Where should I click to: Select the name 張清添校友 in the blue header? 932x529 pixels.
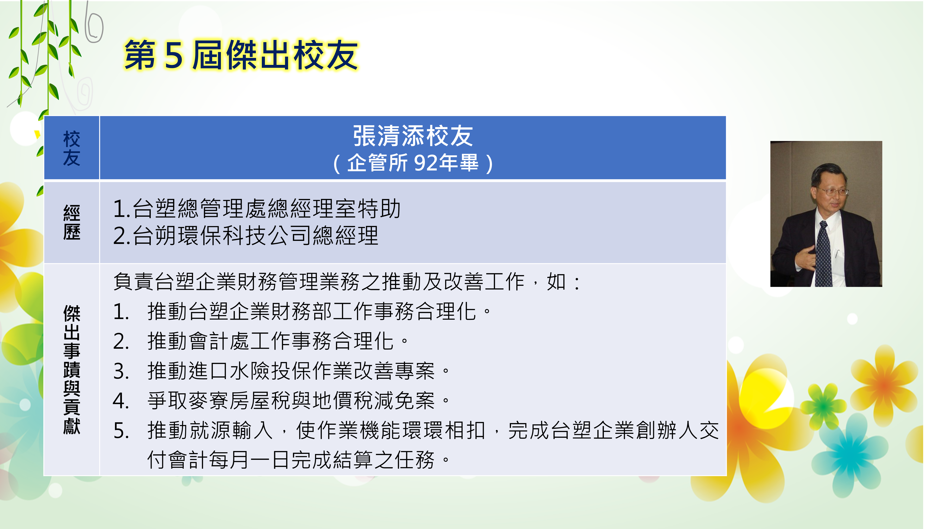pos(413,136)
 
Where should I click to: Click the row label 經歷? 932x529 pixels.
pos(72,222)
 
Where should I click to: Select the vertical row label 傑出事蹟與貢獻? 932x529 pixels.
pos(72,370)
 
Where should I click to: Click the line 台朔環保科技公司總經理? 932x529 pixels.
pos(246,235)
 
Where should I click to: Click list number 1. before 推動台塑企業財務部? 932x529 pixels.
pos(121,312)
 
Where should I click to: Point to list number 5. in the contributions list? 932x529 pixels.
pos(121,431)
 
